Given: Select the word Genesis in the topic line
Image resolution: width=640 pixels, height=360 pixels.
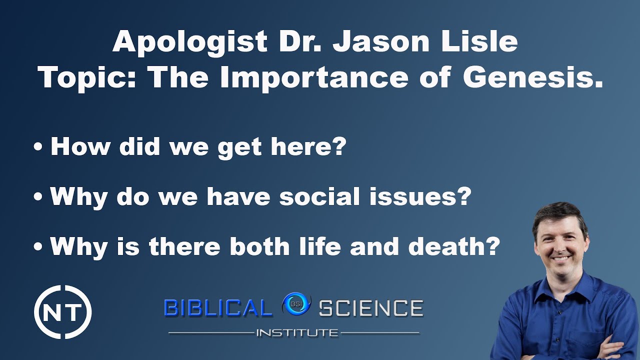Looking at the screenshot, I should (532, 77).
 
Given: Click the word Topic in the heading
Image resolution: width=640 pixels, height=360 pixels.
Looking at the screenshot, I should (87, 77).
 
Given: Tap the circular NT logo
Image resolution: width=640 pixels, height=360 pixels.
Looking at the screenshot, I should (62, 312).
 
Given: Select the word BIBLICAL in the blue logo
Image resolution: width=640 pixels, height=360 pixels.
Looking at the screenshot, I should (217, 308).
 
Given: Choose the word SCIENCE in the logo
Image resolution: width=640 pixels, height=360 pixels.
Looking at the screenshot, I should (370, 308).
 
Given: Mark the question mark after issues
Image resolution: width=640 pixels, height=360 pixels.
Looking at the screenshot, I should (463, 196).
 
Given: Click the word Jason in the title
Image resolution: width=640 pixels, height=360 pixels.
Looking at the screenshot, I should (380, 42).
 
